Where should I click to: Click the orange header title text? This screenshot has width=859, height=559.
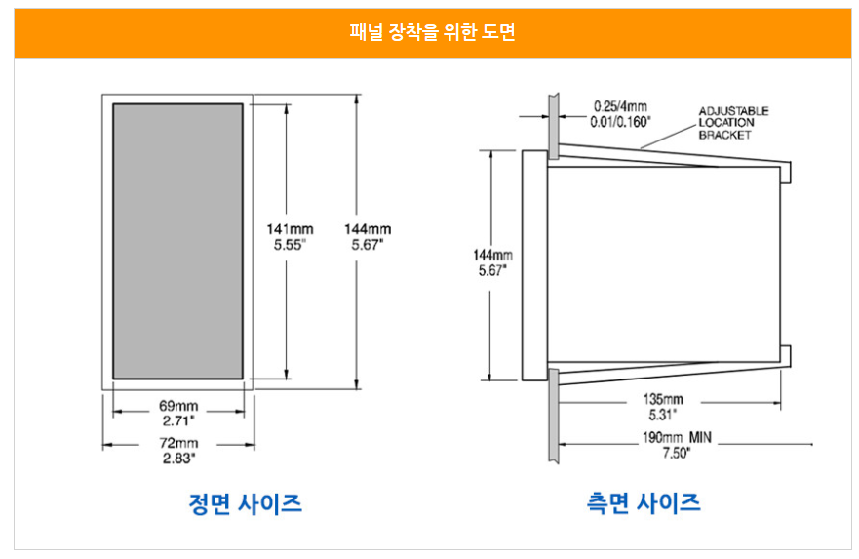(x=432, y=32)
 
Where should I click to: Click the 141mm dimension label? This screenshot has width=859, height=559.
(x=290, y=229)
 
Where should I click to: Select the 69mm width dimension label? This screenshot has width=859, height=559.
(x=178, y=406)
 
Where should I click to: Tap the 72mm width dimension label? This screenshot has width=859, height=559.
(x=178, y=443)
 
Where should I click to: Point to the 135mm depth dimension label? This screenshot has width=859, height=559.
(x=663, y=399)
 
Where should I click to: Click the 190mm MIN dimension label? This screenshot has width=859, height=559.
(x=677, y=437)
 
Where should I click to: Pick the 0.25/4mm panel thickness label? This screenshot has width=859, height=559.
(x=620, y=106)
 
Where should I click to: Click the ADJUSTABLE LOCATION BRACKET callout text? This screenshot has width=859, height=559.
(x=733, y=123)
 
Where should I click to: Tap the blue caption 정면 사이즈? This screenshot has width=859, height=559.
(x=245, y=503)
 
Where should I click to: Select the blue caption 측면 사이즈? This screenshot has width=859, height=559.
(x=644, y=502)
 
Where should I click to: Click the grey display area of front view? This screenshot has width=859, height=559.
(x=178, y=241)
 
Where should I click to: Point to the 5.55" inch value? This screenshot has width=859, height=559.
(x=290, y=245)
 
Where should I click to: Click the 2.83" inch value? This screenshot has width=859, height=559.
(x=178, y=459)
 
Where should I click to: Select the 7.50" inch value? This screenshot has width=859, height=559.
(x=676, y=453)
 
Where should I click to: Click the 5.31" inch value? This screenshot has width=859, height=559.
(x=662, y=415)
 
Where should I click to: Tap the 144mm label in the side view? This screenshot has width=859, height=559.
(x=492, y=255)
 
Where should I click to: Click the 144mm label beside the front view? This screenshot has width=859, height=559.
(x=368, y=229)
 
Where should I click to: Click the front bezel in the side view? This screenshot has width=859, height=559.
(x=534, y=265)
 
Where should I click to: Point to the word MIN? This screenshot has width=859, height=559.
(x=700, y=437)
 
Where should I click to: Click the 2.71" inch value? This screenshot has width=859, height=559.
(x=178, y=420)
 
